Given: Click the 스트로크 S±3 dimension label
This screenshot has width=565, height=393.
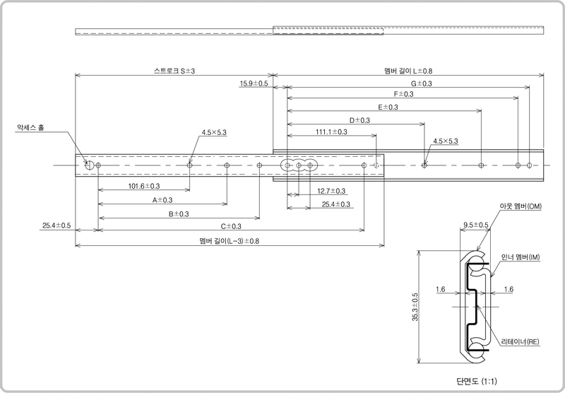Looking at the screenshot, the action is point(174,71).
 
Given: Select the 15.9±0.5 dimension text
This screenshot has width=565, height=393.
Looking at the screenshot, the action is point(254,83).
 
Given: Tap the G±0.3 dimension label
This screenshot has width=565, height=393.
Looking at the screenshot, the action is point(421,83).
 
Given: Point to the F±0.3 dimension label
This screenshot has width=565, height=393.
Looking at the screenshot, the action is point(403,94).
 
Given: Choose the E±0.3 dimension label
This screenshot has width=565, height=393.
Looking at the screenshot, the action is point(388,107).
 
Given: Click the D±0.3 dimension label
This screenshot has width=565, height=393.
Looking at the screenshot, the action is point(359,120).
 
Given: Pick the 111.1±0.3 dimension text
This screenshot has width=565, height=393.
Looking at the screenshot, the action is point(331,132).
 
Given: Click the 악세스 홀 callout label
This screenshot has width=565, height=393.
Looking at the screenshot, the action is point(30,127).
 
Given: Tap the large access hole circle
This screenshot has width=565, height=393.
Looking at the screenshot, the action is point(90,165).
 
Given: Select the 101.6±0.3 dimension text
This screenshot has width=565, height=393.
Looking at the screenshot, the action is point(144,186).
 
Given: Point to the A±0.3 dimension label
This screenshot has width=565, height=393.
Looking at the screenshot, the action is point(162,200).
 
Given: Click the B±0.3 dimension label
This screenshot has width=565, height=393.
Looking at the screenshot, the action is point(179,213).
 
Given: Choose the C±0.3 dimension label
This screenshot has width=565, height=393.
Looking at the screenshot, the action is point(231,226).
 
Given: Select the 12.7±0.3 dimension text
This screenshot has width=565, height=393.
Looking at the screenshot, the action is point(331,191).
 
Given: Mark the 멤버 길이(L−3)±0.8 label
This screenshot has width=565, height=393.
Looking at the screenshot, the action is point(229,241).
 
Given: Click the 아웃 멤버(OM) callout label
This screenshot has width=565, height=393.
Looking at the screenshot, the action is point(521,206).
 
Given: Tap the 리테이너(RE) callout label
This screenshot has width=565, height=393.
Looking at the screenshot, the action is point(521,341).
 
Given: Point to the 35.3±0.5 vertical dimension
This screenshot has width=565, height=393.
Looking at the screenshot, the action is point(415,307).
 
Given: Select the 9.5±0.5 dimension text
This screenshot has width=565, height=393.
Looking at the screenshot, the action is point(476,225).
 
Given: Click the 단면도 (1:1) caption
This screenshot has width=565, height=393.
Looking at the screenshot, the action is point(476,381).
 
